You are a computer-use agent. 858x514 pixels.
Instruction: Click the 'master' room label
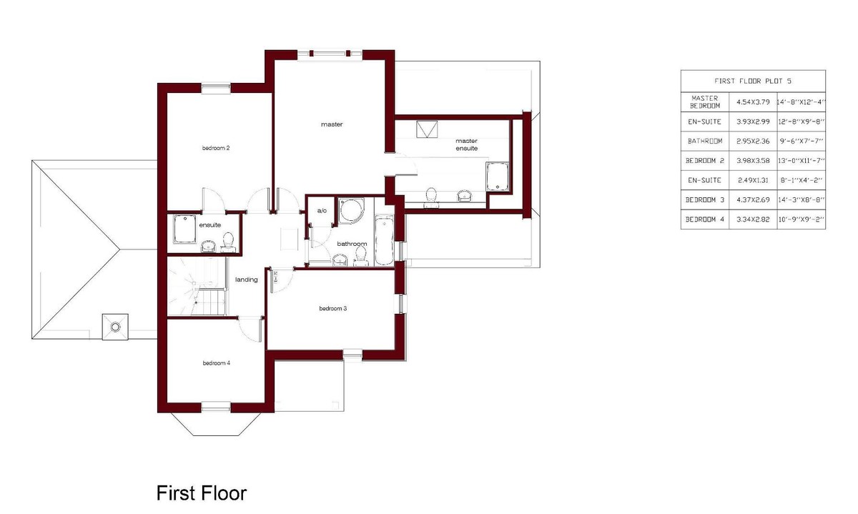pyautogui.click(x=332, y=124)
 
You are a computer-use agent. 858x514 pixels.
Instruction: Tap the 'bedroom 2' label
pyautogui.click(x=216, y=148)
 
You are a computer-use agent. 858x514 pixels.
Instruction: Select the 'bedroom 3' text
pyautogui.click(x=333, y=308)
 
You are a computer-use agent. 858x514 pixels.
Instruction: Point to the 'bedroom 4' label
pyautogui.click(x=217, y=362)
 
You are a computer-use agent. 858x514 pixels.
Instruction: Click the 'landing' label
pyautogui.click(x=246, y=280)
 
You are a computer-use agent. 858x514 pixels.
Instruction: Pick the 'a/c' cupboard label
pyautogui.click(x=322, y=211)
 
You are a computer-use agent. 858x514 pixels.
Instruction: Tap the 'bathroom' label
pyautogui.click(x=352, y=244)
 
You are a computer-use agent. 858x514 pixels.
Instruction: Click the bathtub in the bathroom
pyautogui.click(x=384, y=240)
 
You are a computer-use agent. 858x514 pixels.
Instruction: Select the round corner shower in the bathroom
pyautogui.click(x=350, y=210)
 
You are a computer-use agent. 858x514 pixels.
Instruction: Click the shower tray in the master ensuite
pyautogui.click(x=498, y=177)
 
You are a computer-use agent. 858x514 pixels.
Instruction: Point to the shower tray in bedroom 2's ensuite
pyautogui.click(x=184, y=229)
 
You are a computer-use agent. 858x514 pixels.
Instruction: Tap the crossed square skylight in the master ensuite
pyautogui.click(x=427, y=129)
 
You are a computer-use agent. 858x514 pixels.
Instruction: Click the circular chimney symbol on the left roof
pyautogui.click(x=115, y=327)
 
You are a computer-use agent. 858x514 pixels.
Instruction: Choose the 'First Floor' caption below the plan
pyautogui.click(x=202, y=493)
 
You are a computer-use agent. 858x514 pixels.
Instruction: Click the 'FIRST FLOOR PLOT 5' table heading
pyautogui.click(x=753, y=81)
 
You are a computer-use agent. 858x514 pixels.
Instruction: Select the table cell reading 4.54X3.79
pyautogui.click(x=753, y=102)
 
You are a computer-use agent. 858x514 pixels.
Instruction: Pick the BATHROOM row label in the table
pyautogui.click(x=705, y=141)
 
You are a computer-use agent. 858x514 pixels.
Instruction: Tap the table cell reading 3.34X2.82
pyautogui.click(x=753, y=219)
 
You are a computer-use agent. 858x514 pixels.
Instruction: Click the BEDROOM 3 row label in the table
pyautogui.click(x=705, y=199)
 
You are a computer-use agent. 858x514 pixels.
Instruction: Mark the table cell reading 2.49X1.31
pyautogui.click(x=753, y=180)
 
